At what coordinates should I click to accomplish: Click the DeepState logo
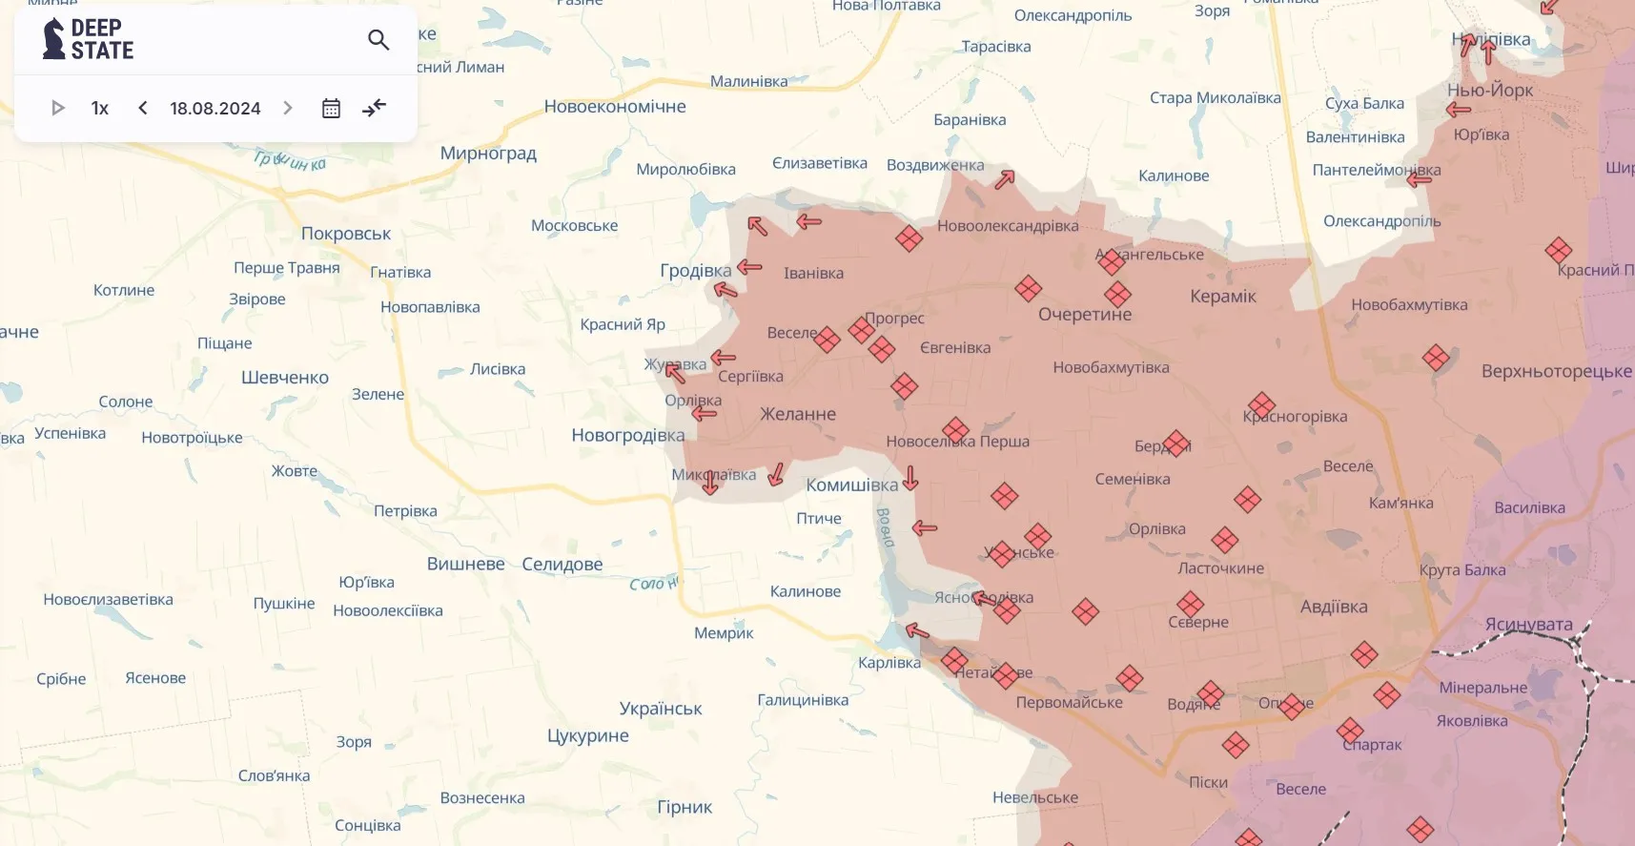pyautogui.click(x=88, y=39)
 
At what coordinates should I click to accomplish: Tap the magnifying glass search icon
pyautogui.click(x=378, y=39)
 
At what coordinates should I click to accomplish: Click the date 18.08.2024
pyautogui.click(x=215, y=109)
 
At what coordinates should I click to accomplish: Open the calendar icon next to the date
pyautogui.click(x=331, y=109)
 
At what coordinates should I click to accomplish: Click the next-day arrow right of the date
pyautogui.click(x=288, y=109)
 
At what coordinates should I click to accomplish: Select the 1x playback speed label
pyautogui.click(x=100, y=109)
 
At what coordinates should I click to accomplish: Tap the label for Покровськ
pyautogui.click(x=346, y=234)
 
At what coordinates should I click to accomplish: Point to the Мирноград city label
pyautogui.click(x=488, y=154)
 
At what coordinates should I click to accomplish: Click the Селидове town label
pyautogui.click(x=562, y=565)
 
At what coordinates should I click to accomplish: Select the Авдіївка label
pyautogui.click(x=1333, y=607)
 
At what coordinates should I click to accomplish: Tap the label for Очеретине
pyautogui.click(x=1085, y=315)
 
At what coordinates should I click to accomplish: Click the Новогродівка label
pyautogui.click(x=627, y=436)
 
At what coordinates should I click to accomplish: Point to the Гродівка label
pyautogui.click(x=695, y=271)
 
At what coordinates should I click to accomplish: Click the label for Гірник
pyautogui.click(x=685, y=807)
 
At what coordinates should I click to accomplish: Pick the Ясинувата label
pyautogui.click(x=1528, y=625)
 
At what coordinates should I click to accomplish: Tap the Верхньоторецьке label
pyautogui.click(x=1556, y=372)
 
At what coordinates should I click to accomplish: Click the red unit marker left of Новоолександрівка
pyautogui.click(x=909, y=238)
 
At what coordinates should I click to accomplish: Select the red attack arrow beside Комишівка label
pyautogui.click(x=911, y=478)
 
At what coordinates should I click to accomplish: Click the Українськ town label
pyautogui.click(x=660, y=709)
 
